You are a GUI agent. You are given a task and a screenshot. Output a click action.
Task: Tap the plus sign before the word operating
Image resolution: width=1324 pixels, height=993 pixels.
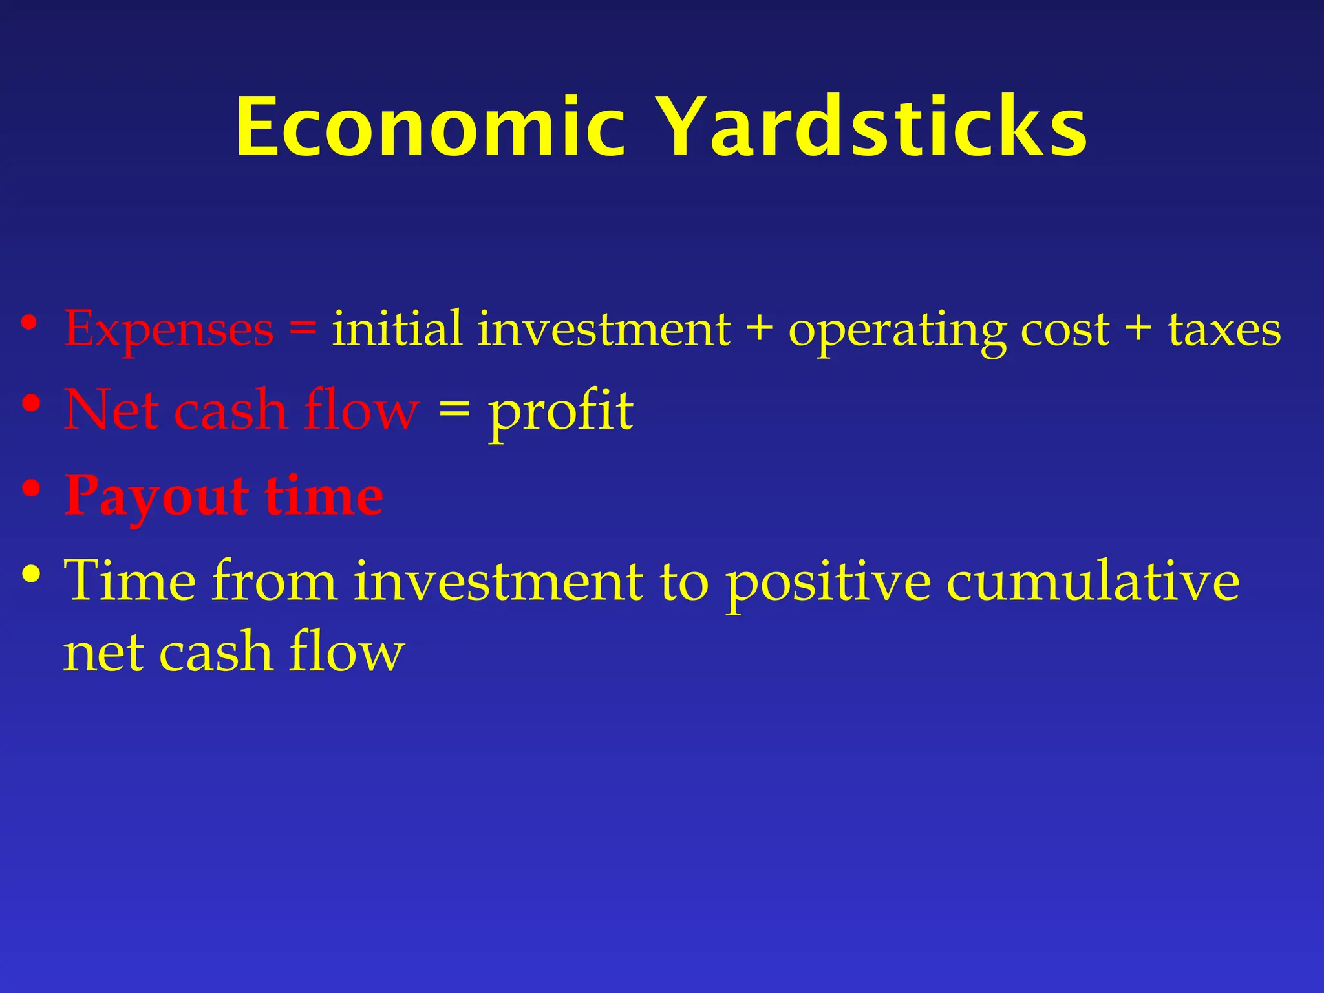tap(759, 328)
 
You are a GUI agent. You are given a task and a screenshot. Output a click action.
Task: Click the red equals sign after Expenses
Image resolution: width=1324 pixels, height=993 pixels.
tap(303, 328)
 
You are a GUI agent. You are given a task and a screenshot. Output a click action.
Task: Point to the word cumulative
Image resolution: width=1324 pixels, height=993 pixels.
tap(1093, 581)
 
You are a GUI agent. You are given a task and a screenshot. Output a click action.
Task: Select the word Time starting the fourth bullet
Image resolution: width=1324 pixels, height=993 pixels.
tap(130, 581)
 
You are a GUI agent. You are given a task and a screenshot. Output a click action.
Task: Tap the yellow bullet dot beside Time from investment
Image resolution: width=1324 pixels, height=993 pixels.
tap(31, 573)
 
